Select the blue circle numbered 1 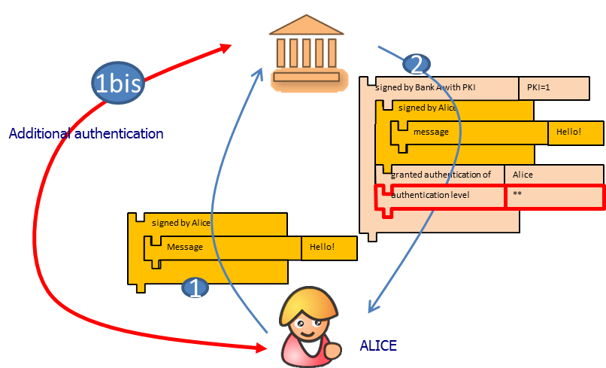click(x=195, y=288)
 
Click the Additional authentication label click(x=86, y=134)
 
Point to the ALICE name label click(x=377, y=345)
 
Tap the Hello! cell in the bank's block click(x=575, y=132)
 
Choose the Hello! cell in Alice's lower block click(x=329, y=247)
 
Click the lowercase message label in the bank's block click(x=431, y=132)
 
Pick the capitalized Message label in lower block click(x=185, y=247)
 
